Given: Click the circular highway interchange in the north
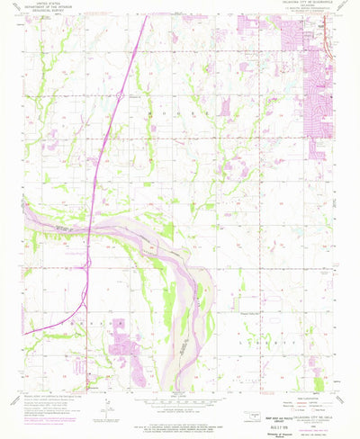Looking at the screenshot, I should click(x=118, y=94).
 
